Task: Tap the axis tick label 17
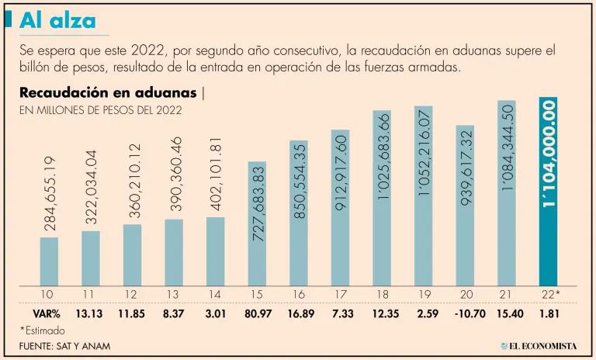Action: click(x=340, y=293)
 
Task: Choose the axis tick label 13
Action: click(x=174, y=293)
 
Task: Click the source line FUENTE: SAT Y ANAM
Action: click(x=61, y=345)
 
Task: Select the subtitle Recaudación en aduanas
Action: click(x=108, y=94)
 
